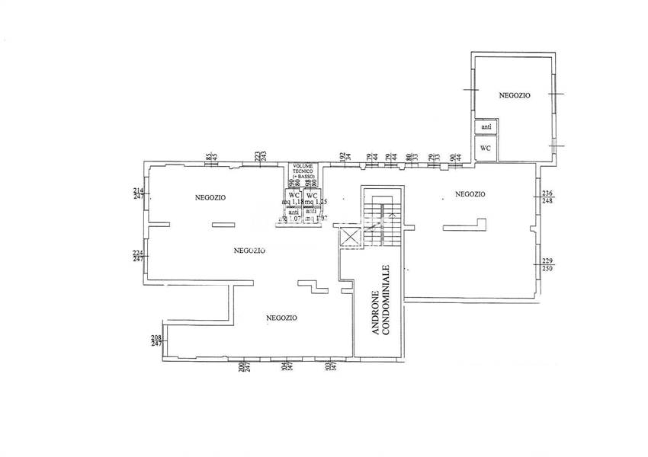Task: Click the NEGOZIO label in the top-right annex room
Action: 515,95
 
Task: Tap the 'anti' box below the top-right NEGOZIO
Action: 486,126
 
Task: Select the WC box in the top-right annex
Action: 486,148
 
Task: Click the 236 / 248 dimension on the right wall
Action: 547,197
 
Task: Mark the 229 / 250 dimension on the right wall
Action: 548,264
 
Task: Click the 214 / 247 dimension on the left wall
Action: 139,193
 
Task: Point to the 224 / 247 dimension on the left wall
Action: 139,256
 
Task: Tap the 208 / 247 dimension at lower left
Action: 156,340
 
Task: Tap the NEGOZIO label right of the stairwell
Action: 470,194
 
